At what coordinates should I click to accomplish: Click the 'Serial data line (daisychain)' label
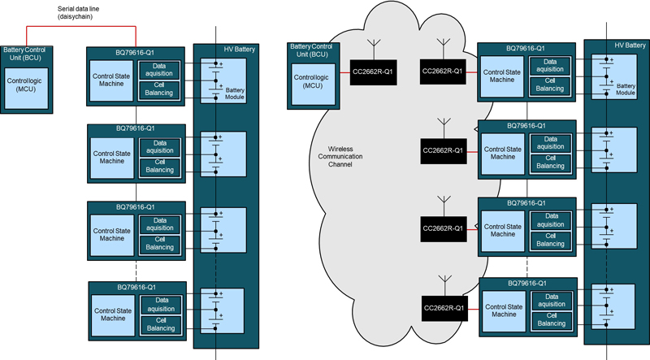click(x=80, y=12)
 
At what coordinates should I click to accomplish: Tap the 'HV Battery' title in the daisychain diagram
click(x=238, y=50)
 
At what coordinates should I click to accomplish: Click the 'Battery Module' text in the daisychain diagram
click(x=235, y=93)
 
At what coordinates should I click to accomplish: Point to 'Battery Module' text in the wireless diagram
click(x=625, y=89)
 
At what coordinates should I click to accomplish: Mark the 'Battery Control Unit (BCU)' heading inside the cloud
click(x=313, y=51)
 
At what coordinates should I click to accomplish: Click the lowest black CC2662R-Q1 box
click(x=443, y=307)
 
